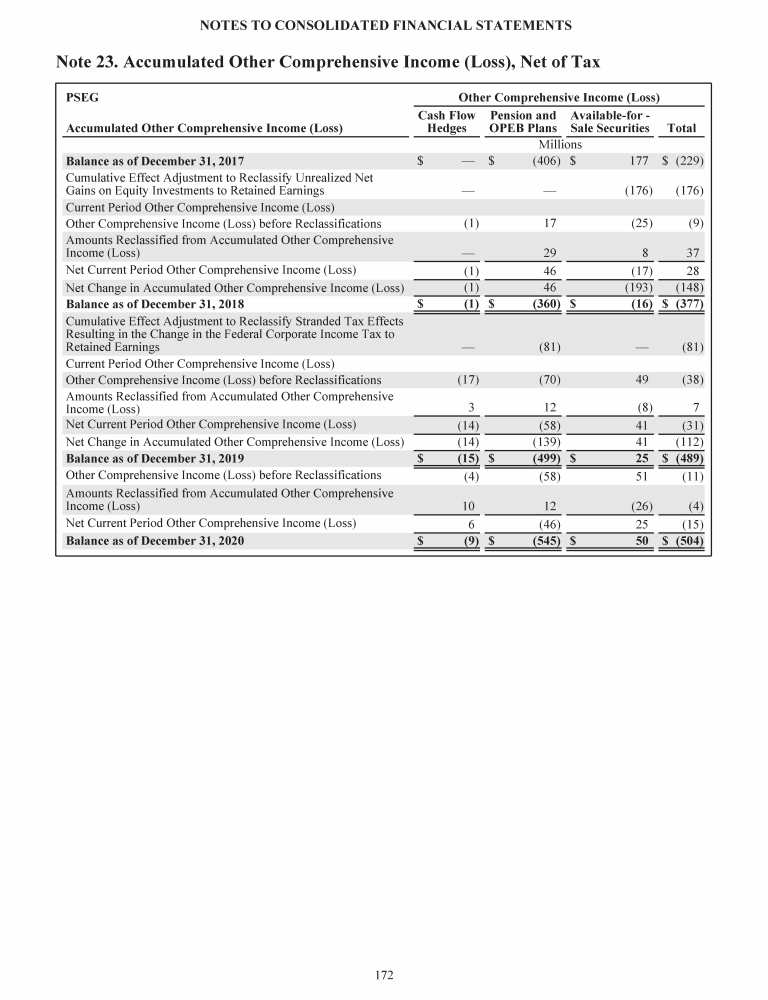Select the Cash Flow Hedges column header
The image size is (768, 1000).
[x=446, y=122]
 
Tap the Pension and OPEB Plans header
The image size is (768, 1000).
[x=522, y=122]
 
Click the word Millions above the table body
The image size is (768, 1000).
[x=560, y=144]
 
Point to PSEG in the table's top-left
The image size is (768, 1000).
[x=82, y=99]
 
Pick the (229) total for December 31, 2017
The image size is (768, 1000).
[x=690, y=161]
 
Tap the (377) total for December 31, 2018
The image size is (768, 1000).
[x=690, y=304]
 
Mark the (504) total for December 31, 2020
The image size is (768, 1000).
[x=690, y=541]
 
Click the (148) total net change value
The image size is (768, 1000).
[x=690, y=288]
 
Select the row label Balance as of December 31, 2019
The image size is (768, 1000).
[x=155, y=458]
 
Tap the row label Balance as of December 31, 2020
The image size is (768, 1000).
[x=155, y=541]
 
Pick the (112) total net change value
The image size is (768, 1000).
[x=690, y=441]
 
